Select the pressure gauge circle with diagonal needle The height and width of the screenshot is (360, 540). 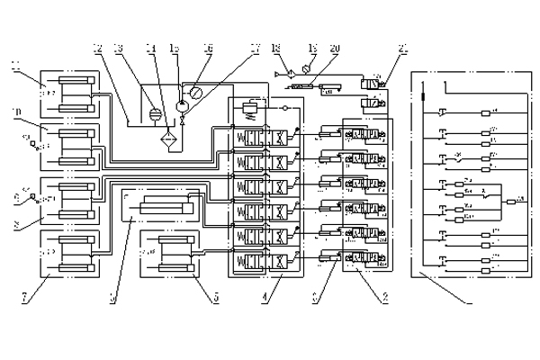coord(194,91)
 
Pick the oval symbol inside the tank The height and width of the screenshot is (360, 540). coord(152,114)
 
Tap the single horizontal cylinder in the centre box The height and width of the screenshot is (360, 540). coord(160,209)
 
